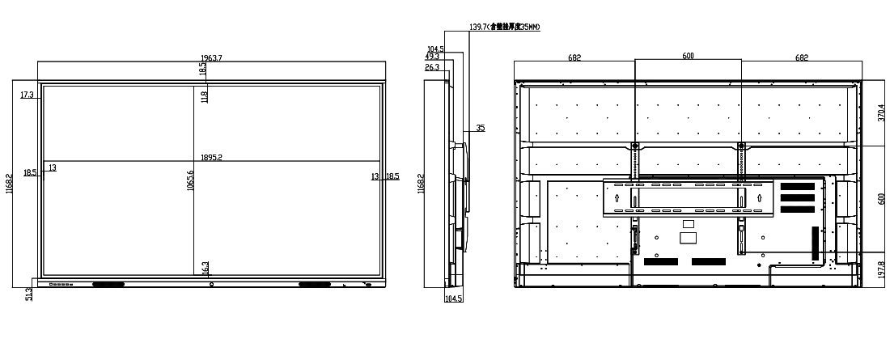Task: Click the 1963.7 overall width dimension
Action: click(x=212, y=57)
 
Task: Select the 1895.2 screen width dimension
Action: click(x=212, y=158)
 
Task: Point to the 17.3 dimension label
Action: click(x=27, y=95)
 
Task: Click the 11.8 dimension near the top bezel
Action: click(x=205, y=97)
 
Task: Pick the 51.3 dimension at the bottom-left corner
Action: click(x=30, y=293)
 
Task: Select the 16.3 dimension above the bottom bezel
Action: click(x=206, y=268)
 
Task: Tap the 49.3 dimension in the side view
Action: click(x=432, y=57)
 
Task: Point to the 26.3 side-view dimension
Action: click(x=432, y=67)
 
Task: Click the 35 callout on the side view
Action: click(x=480, y=128)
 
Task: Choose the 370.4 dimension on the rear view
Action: click(x=881, y=112)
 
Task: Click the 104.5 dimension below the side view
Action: click(x=454, y=299)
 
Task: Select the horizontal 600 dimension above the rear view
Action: click(x=688, y=57)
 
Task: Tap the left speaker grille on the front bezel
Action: click(x=108, y=285)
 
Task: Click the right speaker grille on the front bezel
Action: click(x=316, y=284)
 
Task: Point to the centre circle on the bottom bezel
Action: click(x=212, y=284)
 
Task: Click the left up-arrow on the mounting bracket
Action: click(x=617, y=197)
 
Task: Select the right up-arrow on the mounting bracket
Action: click(x=759, y=197)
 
